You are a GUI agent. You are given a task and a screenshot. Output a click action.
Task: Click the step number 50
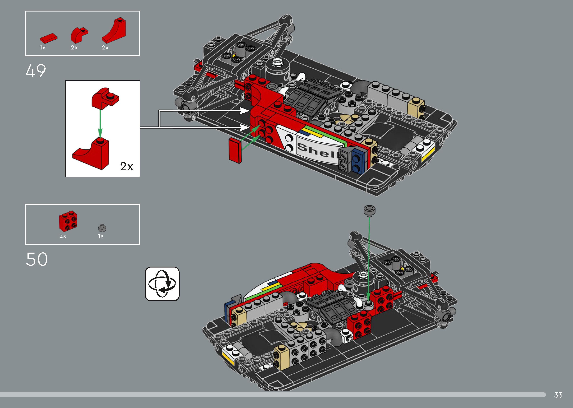click(37, 259)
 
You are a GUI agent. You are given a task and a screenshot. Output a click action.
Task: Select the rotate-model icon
click(162, 284)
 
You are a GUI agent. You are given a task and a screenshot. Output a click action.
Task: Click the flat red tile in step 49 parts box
click(49, 38)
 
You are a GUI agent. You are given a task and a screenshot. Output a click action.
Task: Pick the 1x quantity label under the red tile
click(42, 47)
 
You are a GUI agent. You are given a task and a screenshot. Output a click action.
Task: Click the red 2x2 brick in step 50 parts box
click(68, 221)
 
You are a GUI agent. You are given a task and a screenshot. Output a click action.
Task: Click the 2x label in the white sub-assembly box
click(126, 167)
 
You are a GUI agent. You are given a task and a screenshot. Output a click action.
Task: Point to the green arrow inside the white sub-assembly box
click(100, 123)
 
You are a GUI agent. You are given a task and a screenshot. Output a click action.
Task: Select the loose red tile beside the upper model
click(235, 150)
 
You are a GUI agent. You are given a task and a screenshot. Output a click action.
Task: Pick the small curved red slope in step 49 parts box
click(79, 35)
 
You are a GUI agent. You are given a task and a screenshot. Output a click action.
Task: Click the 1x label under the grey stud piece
click(101, 236)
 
